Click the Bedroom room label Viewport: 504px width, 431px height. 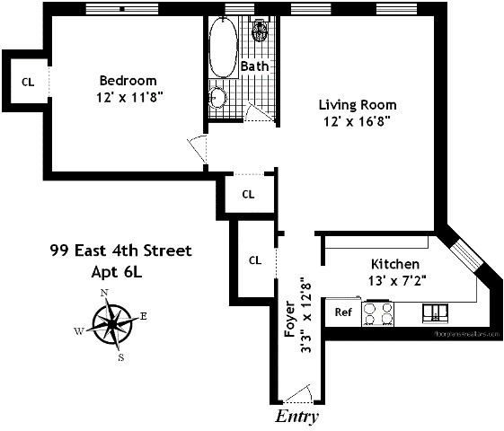tap(128, 80)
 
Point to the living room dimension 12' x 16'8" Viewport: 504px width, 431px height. tap(356, 119)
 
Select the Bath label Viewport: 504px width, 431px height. tap(253, 66)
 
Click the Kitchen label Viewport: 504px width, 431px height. tap(395, 264)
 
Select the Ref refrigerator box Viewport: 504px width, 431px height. tap(343, 312)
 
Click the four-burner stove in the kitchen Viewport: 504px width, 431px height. tap(378, 312)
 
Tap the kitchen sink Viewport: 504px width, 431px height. tap(435, 312)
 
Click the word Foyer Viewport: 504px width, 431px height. tap(289, 320)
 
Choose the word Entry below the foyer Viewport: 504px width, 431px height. tap(296, 418)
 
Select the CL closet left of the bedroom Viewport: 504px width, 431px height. tap(28, 82)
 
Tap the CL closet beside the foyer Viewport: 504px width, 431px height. tap(255, 260)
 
